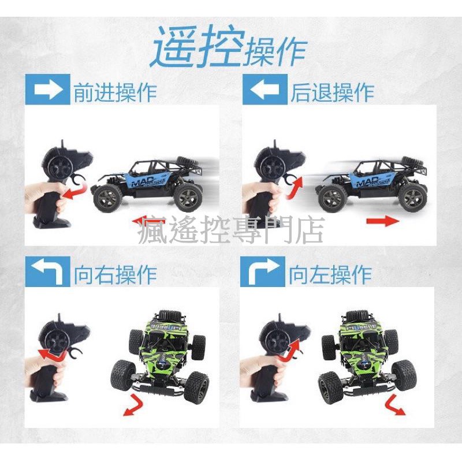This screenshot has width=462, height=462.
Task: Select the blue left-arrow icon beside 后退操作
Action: click(264, 92)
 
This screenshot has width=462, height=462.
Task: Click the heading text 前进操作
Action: click(115, 92)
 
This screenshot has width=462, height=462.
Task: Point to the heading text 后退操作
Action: click(332, 92)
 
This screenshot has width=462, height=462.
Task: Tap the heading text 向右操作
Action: click(115, 274)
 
